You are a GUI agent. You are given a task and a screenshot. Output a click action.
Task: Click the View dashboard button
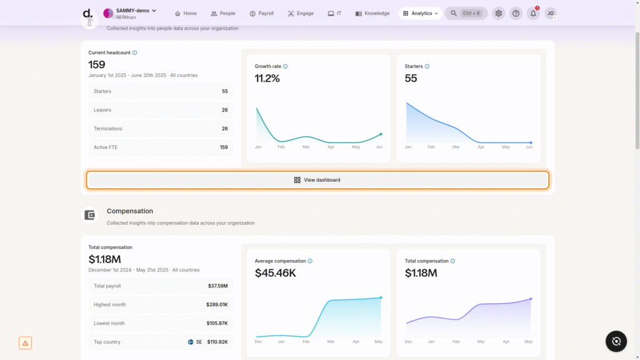tap(317, 180)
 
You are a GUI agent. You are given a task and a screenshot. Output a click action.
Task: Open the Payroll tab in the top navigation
tap(261, 13)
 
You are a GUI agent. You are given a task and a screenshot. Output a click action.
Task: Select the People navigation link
tap(223, 13)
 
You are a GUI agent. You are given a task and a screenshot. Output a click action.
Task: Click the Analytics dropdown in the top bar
tap(420, 13)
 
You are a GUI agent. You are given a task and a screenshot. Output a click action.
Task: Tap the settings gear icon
tap(498, 13)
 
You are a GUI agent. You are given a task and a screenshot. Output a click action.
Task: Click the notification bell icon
tap(533, 13)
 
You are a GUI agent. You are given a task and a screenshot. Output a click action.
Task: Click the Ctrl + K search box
tap(466, 13)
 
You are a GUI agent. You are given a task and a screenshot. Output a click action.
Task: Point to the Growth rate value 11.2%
tap(267, 78)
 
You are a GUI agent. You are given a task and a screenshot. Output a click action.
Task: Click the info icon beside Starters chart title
tap(427, 66)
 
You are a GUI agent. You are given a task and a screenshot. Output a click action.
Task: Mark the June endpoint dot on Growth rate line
tap(381, 134)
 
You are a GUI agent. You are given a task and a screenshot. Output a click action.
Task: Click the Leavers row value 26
tap(224, 110)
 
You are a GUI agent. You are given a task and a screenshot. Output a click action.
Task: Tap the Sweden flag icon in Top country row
tap(191, 342)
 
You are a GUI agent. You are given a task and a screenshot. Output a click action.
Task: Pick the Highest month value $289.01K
tap(217, 304)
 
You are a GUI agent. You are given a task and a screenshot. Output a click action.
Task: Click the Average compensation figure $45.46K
tap(276, 273)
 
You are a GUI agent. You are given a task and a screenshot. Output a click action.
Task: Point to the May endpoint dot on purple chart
tap(531, 299)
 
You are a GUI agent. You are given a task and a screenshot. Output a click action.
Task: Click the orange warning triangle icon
tap(25, 343)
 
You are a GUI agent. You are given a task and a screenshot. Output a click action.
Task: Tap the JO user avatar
tap(551, 13)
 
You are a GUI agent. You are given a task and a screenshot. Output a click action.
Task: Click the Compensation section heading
tap(130, 211)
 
